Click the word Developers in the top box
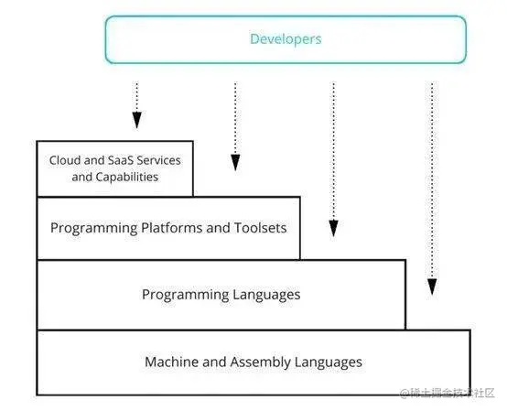click(286, 39)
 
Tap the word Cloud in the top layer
click(65, 160)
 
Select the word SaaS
click(120, 160)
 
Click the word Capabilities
click(127, 177)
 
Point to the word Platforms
click(171, 228)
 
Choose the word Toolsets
click(260, 228)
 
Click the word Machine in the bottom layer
click(171, 362)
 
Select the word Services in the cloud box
click(158, 160)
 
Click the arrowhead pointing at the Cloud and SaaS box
click(136, 120)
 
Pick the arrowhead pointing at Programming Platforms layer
click(235, 162)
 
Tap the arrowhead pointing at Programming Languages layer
click(333, 228)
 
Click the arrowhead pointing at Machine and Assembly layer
click(432, 287)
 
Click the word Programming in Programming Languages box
click(185, 295)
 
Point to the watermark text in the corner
click(448, 394)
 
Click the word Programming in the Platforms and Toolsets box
click(93, 228)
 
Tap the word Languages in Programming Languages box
click(266, 295)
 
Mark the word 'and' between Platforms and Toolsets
click(218, 228)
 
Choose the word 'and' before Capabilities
click(81, 177)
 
